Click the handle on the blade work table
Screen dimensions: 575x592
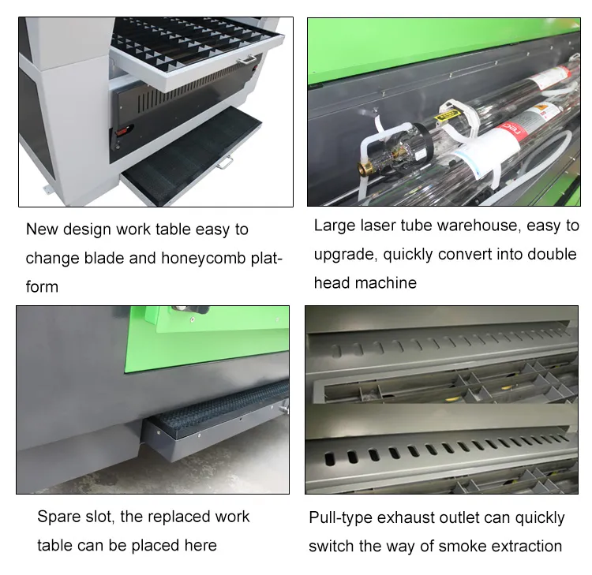tap(247, 60)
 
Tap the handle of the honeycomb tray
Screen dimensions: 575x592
tap(227, 163)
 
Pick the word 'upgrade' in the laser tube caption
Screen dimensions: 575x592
tap(343, 254)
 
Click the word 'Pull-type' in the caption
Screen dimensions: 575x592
tap(340, 518)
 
